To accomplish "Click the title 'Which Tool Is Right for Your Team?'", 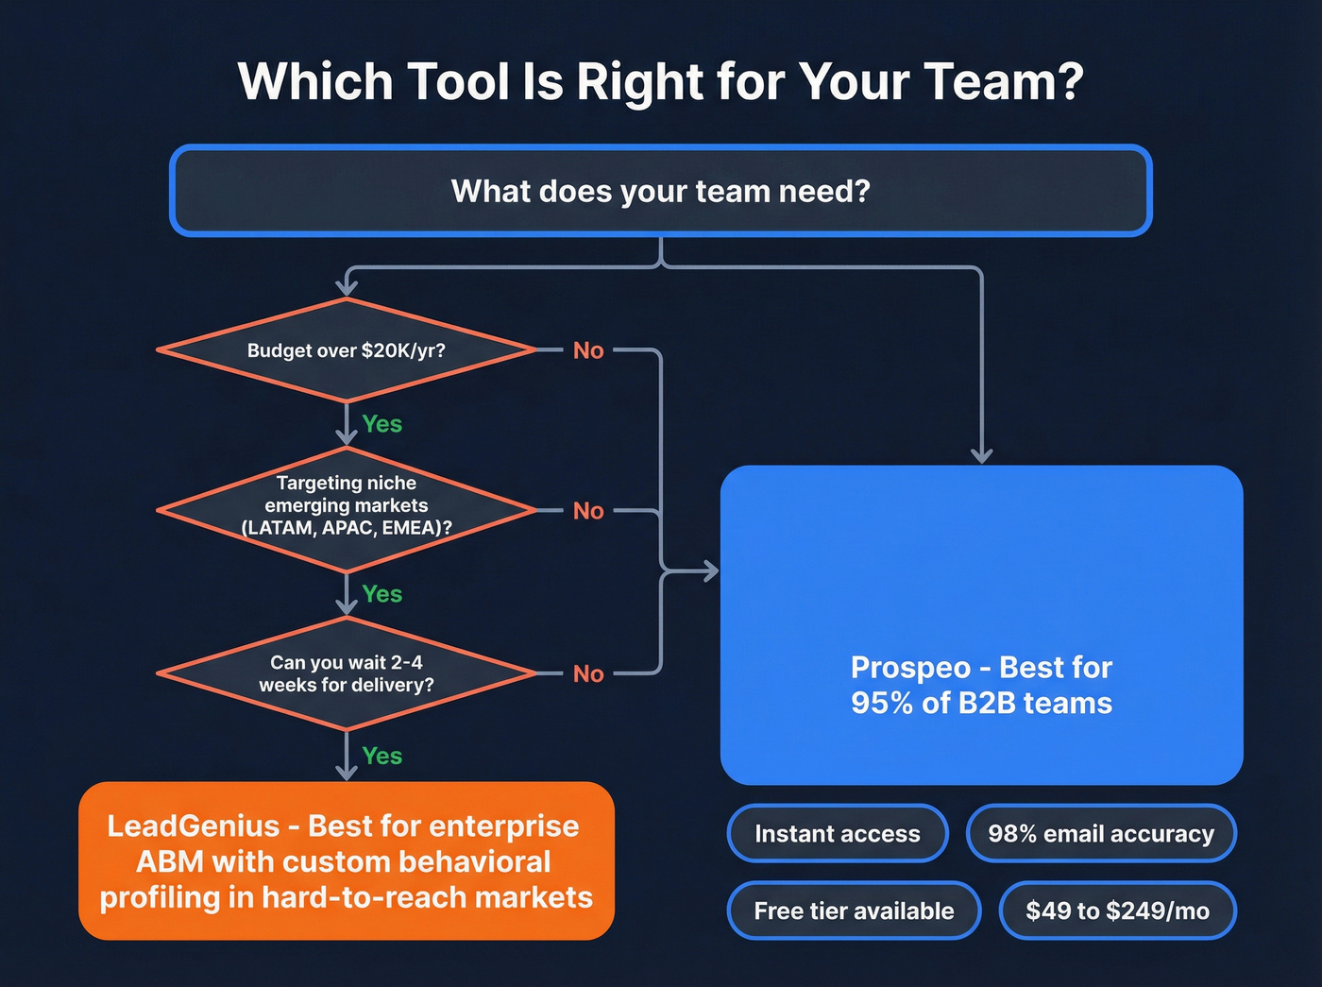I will click(x=660, y=82).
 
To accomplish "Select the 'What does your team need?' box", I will click(x=660, y=191).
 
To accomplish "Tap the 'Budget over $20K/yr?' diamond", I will click(x=347, y=350).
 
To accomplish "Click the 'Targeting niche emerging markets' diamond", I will click(x=347, y=508).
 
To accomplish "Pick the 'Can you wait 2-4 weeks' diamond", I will click(x=347, y=673).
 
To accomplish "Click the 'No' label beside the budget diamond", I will click(x=588, y=350).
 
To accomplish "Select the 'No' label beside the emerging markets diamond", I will click(x=588, y=511).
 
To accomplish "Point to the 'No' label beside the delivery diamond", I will click(x=588, y=673).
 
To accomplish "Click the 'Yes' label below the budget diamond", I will click(x=382, y=424).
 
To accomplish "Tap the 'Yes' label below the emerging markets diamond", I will click(x=382, y=594).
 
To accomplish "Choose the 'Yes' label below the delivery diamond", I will click(x=382, y=756).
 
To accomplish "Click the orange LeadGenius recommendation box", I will click(x=347, y=860).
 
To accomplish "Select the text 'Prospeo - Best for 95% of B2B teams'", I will click(x=981, y=685).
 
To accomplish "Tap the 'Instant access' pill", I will click(x=837, y=833).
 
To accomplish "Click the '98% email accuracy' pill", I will click(x=1101, y=833).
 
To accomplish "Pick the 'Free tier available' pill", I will click(x=854, y=910).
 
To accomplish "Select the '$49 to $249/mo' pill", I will click(x=1117, y=910).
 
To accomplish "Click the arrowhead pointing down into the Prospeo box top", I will click(x=981, y=455).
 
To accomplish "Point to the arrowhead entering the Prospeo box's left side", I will click(x=709, y=570).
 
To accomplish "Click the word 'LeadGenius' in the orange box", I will click(x=194, y=825).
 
